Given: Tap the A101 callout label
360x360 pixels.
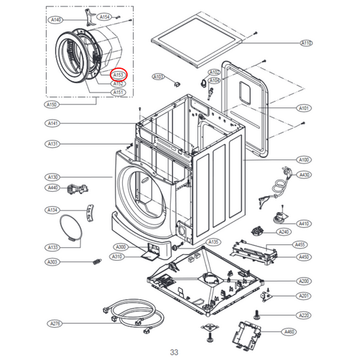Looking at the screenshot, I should (305, 108).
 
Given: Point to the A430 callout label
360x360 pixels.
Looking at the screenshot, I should (305, 175).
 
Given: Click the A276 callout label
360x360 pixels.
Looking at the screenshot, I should (55, 324).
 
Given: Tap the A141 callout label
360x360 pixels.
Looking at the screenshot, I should (53, 123).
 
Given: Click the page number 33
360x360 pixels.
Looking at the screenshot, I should (174, 352).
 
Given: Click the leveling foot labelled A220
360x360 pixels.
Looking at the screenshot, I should (257, 314).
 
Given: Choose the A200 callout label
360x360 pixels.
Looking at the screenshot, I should (305, 280).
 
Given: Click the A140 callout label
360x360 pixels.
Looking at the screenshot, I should (56, 20).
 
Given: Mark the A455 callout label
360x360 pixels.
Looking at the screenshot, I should (300, 245).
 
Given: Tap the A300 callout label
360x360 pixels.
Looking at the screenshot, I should (121, 247).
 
